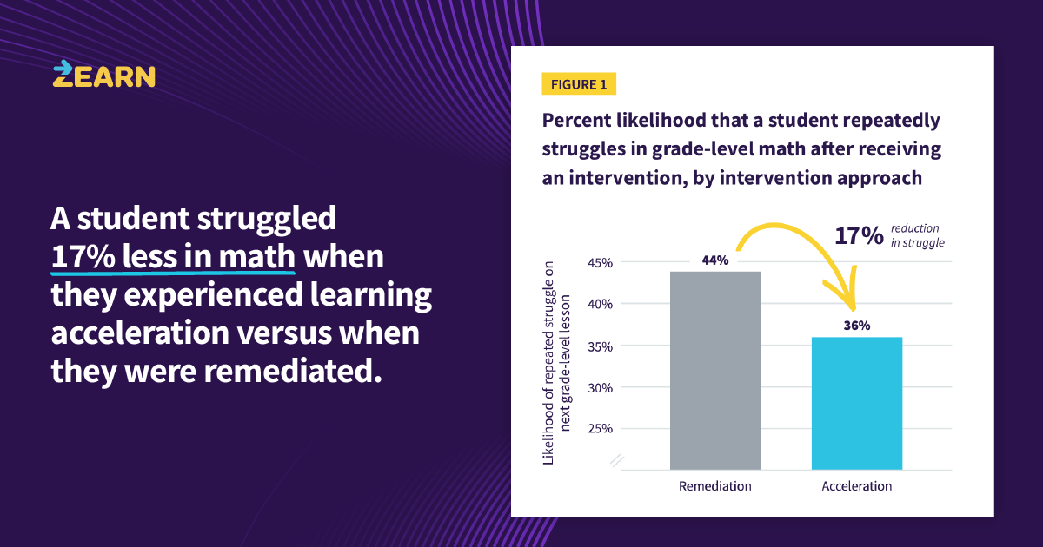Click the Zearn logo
pos(103,75)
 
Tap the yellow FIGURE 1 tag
pos(579,84)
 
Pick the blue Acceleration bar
pos(857,403)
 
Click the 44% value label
pos(715,260)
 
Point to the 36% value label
pos(857,326)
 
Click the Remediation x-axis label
pos(715,486)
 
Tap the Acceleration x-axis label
pos(857,486)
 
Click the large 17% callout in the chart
pos(859,235)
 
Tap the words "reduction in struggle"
pos(916,235)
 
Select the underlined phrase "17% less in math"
pos(173,258)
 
